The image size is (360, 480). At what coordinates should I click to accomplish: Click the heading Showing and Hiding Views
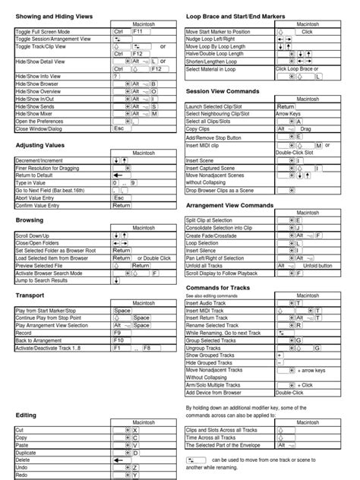[x=54, y=14]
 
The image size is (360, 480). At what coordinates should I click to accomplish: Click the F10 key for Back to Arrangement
[x=119, y=340]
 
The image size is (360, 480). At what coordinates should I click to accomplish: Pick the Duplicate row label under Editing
[x=27, y=452]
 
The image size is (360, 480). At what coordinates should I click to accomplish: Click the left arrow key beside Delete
[x=120, y=459]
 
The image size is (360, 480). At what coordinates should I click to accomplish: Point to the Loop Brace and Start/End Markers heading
[x=248, y=14]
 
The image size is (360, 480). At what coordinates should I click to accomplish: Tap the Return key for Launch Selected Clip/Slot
[x=286, y=107]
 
